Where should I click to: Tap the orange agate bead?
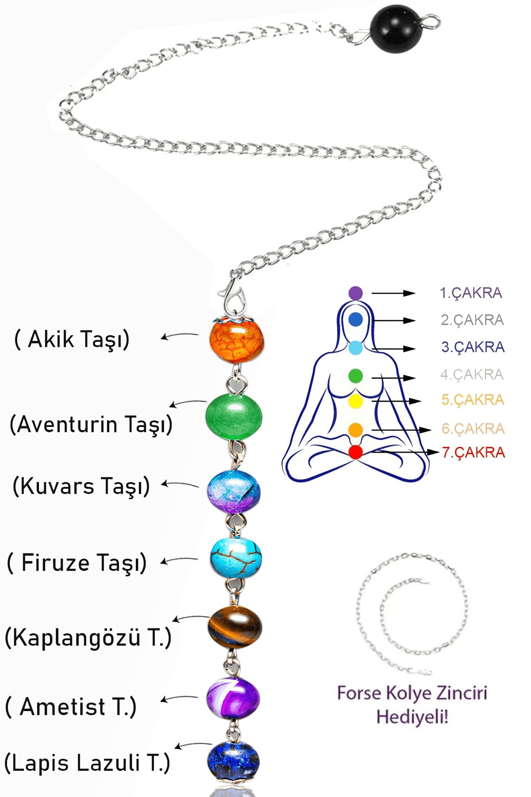[x=237, y=340]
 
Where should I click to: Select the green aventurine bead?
[x=234, y=417]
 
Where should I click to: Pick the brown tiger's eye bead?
[x=235, y=628]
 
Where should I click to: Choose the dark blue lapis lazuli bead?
[x=233, y=761]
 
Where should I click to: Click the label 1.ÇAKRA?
[x=471, y=293]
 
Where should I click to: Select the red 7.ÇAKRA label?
[x=473, y=453]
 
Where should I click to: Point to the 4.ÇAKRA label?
[x=472, y=375]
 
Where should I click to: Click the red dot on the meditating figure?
[x=355, y=452]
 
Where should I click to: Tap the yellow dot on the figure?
[x=355, y=401]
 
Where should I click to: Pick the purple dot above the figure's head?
[x=355, y=293]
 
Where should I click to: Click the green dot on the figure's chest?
[x=355, y=376]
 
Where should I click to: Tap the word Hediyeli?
[x=412, y=716]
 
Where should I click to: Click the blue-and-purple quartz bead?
[x=234, y=491]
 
